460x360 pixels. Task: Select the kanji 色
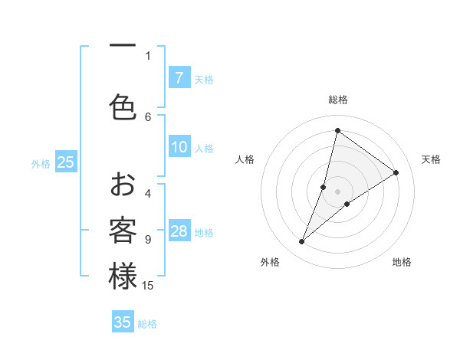click(x=123, y=107)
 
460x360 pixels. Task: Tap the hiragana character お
click(x=123, y=185)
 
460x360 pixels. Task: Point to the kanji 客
click(x=123, y=231)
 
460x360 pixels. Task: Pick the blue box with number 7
click(x=179, y=77)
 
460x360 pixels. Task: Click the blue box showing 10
click(x=179, y=147)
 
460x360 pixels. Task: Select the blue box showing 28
click(x=179, y=231)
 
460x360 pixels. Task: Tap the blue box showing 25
click(x=65, y=162)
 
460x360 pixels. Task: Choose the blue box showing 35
click(x=123, y=322)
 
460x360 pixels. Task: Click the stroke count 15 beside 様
click(x=148, y=286)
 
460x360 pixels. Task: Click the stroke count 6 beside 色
click(x=148, y=116)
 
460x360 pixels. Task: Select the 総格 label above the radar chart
click(x=337, y=100)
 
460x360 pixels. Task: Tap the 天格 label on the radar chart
click(x=431, y=159)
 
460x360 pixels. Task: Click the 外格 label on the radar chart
click(x=270, y=262)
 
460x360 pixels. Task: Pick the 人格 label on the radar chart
click(x=245, y=159)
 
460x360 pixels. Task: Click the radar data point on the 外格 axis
click(x=302, y=242)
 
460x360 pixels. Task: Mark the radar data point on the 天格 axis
click(x=396, y=172)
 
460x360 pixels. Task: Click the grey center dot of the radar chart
click(x=337, y=191)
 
